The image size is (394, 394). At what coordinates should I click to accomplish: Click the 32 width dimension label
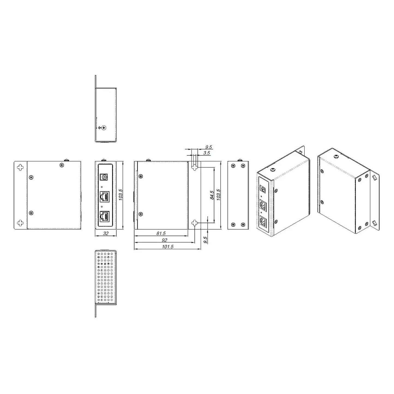106,233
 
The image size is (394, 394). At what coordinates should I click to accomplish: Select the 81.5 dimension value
161,233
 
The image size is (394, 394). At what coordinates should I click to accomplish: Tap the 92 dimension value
164,240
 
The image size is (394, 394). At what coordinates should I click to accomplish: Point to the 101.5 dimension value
167,246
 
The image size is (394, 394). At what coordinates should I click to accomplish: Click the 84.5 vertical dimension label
212,195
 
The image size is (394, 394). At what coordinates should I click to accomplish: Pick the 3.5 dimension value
207,153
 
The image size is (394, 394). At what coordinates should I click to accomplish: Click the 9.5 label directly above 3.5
209,147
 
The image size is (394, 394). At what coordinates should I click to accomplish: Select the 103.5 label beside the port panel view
121,195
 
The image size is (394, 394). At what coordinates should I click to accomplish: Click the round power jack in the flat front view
104,177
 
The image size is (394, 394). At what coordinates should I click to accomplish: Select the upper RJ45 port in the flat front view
105,196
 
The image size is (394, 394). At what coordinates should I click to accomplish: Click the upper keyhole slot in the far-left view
20,167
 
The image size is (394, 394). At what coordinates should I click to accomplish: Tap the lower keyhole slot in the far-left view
20,223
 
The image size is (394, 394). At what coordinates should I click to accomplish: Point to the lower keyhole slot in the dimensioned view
194,223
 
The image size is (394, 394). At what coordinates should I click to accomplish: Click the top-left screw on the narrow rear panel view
233,166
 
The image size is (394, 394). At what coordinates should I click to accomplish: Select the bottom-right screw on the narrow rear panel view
243,225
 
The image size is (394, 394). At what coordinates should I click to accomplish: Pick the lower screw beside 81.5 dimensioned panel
141,214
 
